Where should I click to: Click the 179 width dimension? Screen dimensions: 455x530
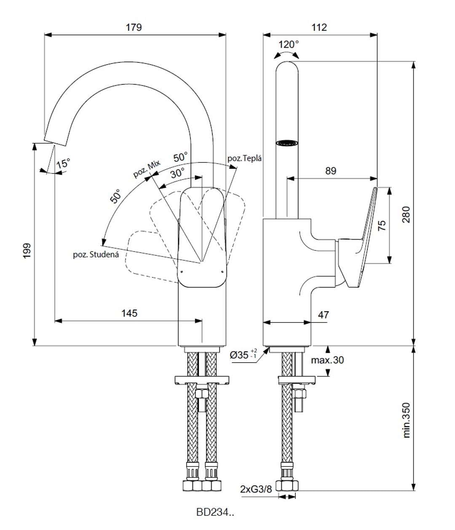point(134,27)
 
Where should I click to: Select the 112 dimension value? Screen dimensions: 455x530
point(319,27)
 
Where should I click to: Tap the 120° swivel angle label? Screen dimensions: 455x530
point(289,45)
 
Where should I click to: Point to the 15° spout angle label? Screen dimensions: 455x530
point(63,164)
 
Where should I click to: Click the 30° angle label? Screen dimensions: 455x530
point(177,174)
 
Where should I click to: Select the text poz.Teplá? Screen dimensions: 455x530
point(245,158)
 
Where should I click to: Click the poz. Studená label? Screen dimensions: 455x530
point(96,255)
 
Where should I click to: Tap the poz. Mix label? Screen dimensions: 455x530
point(147,169)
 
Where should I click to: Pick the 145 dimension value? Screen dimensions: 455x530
point(129,313)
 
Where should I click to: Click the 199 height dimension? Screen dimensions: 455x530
point(27,251)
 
